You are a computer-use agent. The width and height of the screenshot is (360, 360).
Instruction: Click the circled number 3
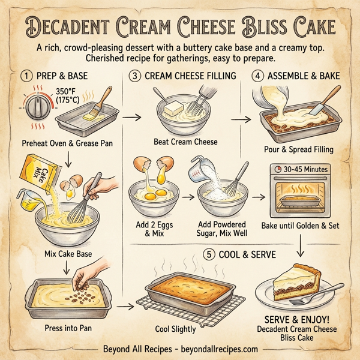coord(134,76)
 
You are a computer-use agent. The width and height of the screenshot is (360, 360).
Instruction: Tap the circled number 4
coord(257,76)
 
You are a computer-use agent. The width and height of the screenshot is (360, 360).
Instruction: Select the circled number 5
coord(209,254)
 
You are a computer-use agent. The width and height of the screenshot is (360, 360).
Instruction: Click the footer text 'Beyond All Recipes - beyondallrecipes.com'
coord(179,349)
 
